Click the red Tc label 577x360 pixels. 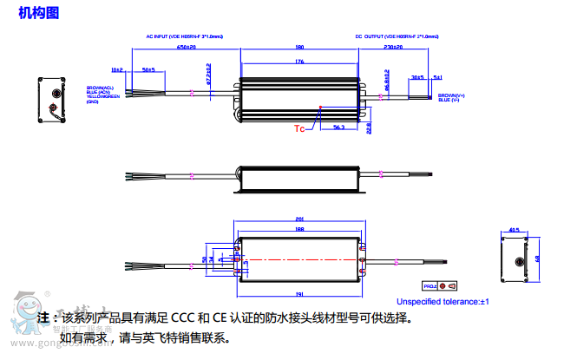click(x=298, y=129)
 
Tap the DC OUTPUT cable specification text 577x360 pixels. click(x=397, y=37)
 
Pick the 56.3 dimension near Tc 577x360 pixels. click(x=338, y=128)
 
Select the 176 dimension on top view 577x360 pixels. click(x=299, y=62)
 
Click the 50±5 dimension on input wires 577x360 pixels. click(x=148, y=69)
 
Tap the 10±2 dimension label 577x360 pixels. click(x=117, y=69)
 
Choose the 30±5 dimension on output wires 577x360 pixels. click(x=417, y=77)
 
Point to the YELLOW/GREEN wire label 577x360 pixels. click(x=103, y=96)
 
